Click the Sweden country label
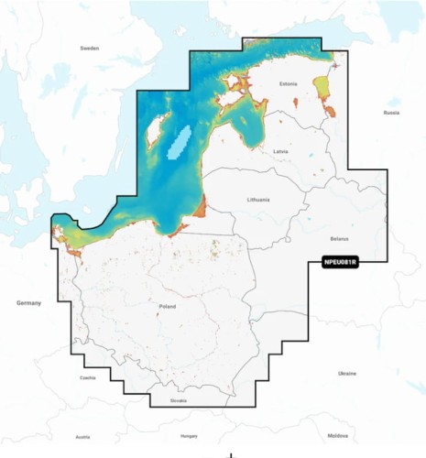pyautogui.click(x=89, y=48)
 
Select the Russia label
pyautogui.click(x=391, y=113)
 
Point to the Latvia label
pyautogui.click(x=283, y=151)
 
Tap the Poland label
pyautogui.click(x=167, y=307)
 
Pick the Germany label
pyautogui.click(x=29, y=301)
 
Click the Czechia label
pyautogui.click(x=87, y=377)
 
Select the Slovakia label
pyautogui.click(x=178, y=400)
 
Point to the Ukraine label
pyautogui.click(x=347, y=374)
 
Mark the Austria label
pyautogui.click(x=82, y=437)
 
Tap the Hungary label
pyautogui.click(x=190, y=437)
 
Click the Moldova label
pyautogui.click(x=338, y=436)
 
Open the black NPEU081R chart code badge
pyautogui.click(x=341, y=261)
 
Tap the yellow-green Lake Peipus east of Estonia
pyautogui.click(x=323, y=88)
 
